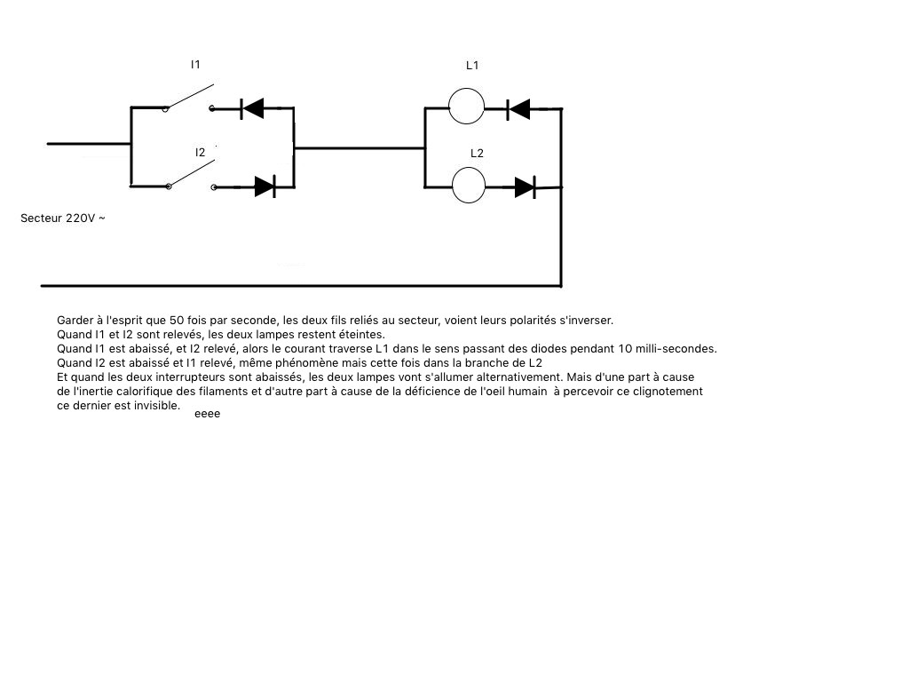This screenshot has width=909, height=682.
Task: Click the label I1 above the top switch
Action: pyautogui.click(x=195, y=64)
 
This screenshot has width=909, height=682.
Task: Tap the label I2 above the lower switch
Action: pyautogui.click(x=200, y=153)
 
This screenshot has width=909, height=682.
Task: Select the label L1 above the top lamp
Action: pyautogui.click(x=472, y=66)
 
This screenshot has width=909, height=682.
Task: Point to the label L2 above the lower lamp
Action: pyautogui.click(x=477, y=153)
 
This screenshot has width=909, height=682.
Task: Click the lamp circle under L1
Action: pyautogui.click(x=466, y=107)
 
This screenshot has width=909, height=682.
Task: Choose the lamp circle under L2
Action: pyautogui.click(x=469, y=186)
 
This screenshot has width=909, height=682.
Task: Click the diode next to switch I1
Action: pyautogui.click(x=252, y=107)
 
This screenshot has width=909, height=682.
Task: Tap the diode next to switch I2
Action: pyautogui.click(x=265, y=186)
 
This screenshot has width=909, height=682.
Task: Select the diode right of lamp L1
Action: pyautogui.click(x=518, y=109)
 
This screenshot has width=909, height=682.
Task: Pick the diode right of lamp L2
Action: pyautogui.click(x=526, y=187)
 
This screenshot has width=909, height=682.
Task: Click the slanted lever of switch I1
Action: pyautogui.click(x=190, y=96)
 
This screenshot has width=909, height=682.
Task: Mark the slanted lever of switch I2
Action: pyautogui.click(x=193, y=173)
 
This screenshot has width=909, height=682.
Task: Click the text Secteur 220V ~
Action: pyautogui.click(x=63, y=218)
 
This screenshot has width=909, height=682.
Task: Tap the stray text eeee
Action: pyautogui.click(x=208, y=414)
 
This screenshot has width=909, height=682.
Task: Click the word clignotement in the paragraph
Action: pyautogui.click(x=668, y=392)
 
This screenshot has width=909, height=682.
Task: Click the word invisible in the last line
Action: pyautogui.click(x=157, y=406)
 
